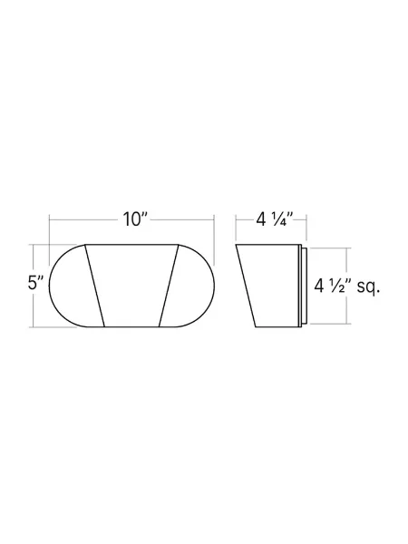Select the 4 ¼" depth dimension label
tap(271, 219)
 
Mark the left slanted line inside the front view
tap(94, 285)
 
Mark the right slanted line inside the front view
tap(167, 285)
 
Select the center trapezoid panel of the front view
tap(131, 285)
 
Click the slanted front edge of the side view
tap(246, 285)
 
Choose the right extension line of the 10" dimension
tap(213, 228)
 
